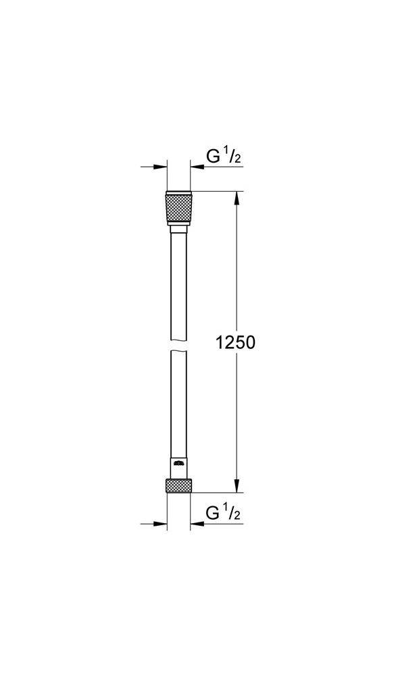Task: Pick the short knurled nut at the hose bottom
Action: pyautogui.click(x=179, y=486)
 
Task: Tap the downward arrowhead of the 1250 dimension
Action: pyautogui.click(x=237, y=485)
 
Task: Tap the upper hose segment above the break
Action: pyautogui.click(x=179, y=283)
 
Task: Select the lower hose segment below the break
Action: pyautogui.click(x=179, y=405)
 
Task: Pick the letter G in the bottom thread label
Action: pyautogui.click(x=212, y=514)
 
